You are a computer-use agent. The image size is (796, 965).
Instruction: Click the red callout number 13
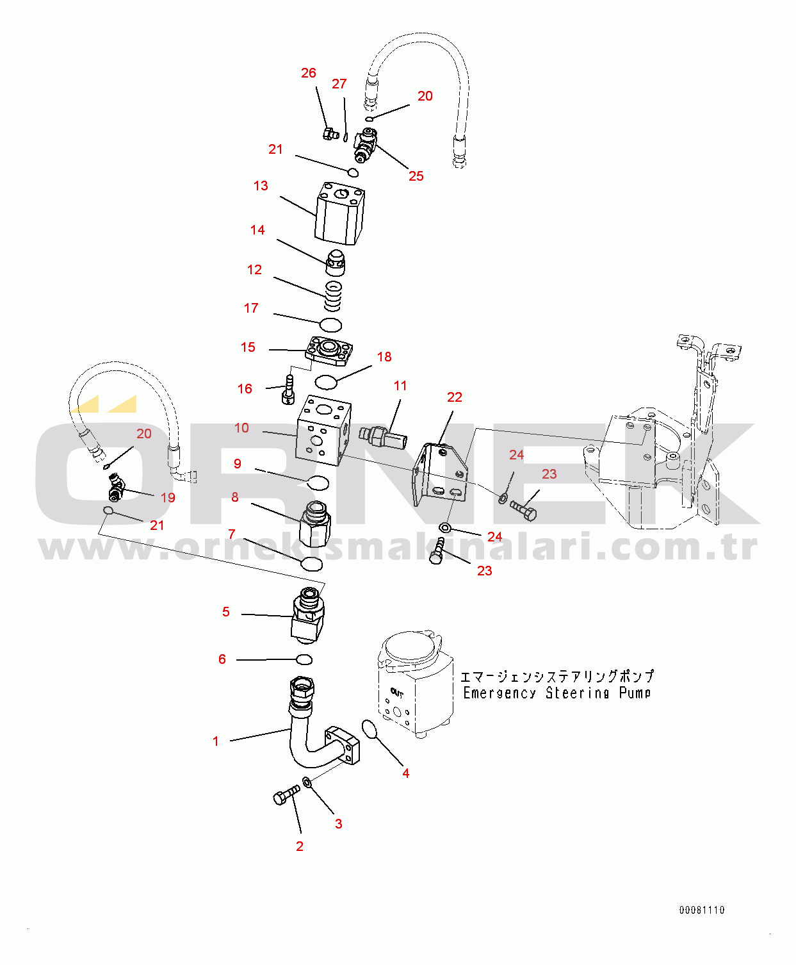261,186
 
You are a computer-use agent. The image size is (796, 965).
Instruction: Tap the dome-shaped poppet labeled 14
336,263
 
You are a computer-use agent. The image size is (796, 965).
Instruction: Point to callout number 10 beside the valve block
241,428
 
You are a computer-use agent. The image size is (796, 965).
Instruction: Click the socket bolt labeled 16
288,390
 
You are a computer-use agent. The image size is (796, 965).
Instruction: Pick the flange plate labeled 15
329,351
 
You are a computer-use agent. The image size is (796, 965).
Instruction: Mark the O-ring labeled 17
331,325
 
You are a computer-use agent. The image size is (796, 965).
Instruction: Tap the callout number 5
226,612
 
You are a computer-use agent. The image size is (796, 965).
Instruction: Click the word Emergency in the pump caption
500,693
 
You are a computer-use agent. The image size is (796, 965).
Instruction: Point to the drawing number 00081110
702,910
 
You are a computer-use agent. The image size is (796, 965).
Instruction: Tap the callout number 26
309,73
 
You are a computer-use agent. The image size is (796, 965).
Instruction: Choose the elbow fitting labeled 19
116,486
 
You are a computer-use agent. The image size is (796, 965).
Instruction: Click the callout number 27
339,84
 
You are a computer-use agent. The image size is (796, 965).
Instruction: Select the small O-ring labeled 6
304,659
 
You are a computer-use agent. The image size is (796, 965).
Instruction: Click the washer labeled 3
307,782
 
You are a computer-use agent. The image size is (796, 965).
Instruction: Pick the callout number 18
384,357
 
